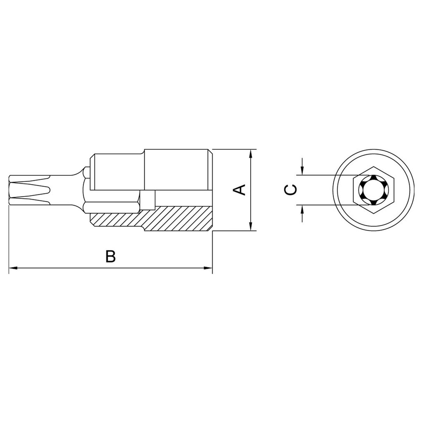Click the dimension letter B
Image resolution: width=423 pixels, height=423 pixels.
(110, 256)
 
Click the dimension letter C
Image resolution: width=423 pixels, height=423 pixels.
(291, 190)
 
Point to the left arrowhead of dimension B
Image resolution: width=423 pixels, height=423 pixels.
(13, 268)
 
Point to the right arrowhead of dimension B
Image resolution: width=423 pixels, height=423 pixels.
(208, 268)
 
